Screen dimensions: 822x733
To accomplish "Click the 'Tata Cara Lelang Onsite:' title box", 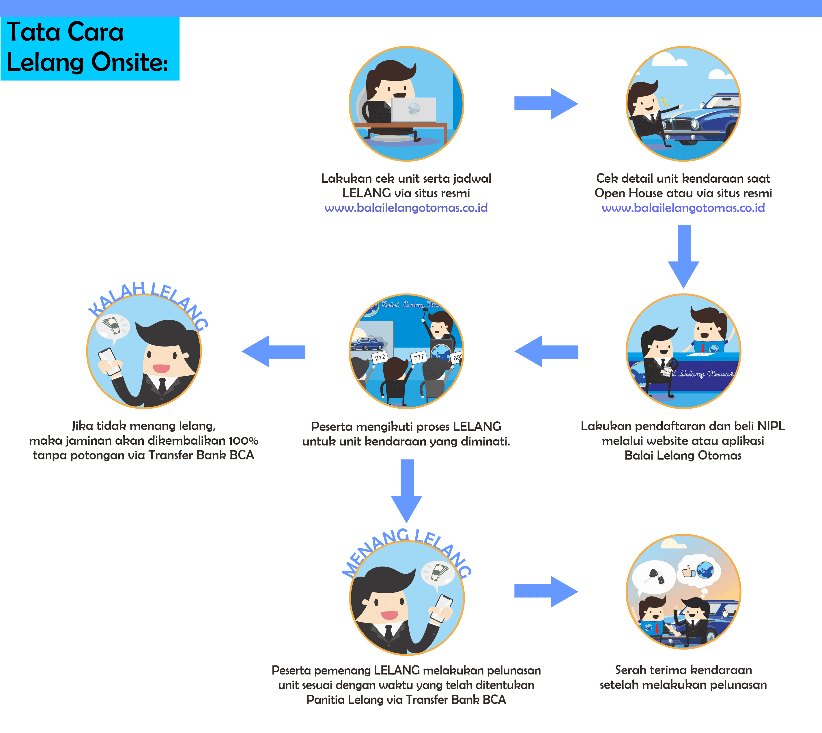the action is click(x=90, y=48).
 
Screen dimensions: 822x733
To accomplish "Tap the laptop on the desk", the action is click(x=413, y=110).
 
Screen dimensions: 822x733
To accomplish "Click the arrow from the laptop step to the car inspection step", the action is click(x=546, y=104).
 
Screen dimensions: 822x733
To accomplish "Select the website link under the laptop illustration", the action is click(x=406, y=208).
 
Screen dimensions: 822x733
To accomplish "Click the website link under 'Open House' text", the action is click(x=683, y=208).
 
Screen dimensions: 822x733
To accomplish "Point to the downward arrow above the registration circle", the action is click(x=683, y=257).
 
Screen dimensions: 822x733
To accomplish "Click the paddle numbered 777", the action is click(x=419, y=357).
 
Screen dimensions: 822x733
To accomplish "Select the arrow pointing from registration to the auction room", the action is click(x=546, y=351).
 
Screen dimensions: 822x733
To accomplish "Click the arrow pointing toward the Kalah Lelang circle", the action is click(x=273, y=351).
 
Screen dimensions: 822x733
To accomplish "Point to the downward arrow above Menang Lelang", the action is click(x=407, y=491).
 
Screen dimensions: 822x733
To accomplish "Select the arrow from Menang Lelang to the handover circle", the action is click(x=546, y=592).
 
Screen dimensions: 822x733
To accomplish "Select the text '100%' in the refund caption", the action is click(x=243, y=441).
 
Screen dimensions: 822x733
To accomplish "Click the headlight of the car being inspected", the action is click(x=694, y=124).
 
